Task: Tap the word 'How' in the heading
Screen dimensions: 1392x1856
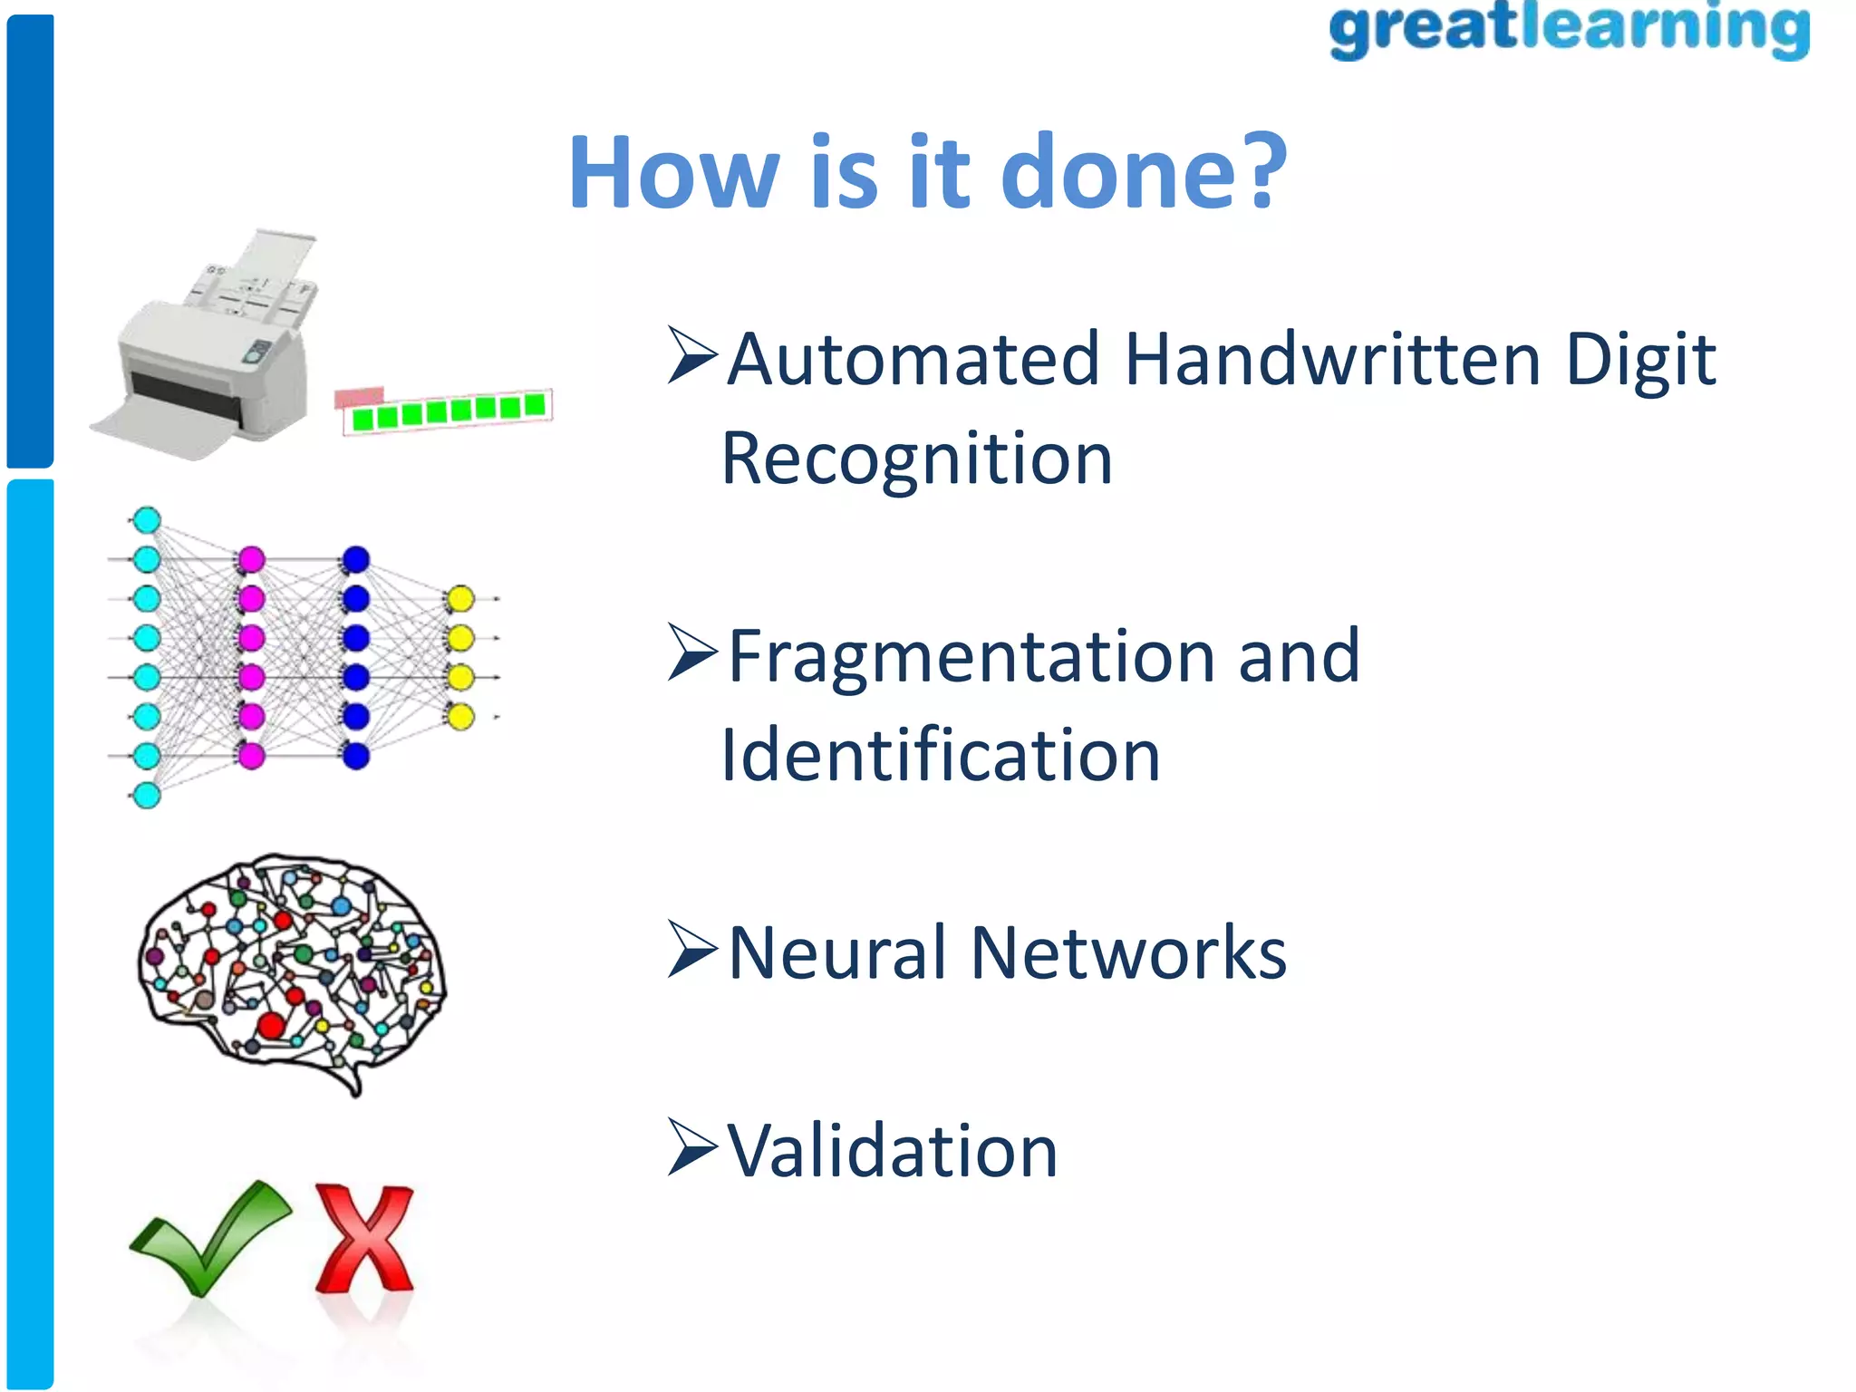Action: pos(674,172)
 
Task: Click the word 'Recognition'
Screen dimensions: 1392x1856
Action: pos(916,459)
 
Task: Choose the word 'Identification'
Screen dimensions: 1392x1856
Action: pos(940,755)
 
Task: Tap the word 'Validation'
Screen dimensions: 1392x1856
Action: pos(893,1151)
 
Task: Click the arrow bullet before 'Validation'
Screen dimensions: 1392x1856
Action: pos(692,1147)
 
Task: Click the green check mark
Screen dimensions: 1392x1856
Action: pos(210,1238)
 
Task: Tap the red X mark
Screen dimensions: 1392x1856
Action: pos(364,1238)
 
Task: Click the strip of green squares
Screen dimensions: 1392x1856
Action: pos(449,412)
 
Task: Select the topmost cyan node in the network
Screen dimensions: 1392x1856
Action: pos(147,520)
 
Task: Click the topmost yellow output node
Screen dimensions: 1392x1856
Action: pos(460,599)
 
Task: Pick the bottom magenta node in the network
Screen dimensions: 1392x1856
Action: pos(251,755)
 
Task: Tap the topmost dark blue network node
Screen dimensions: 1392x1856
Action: pos(356,559)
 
